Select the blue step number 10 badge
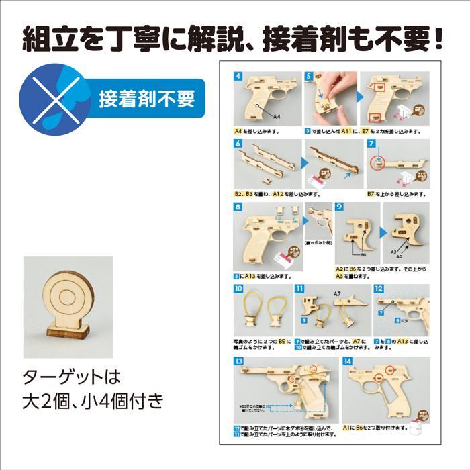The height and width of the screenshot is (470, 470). tap(238, 289)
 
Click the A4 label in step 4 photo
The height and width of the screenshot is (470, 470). tap(277, 117)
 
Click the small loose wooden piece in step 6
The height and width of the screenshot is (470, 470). tap(266, 180)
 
